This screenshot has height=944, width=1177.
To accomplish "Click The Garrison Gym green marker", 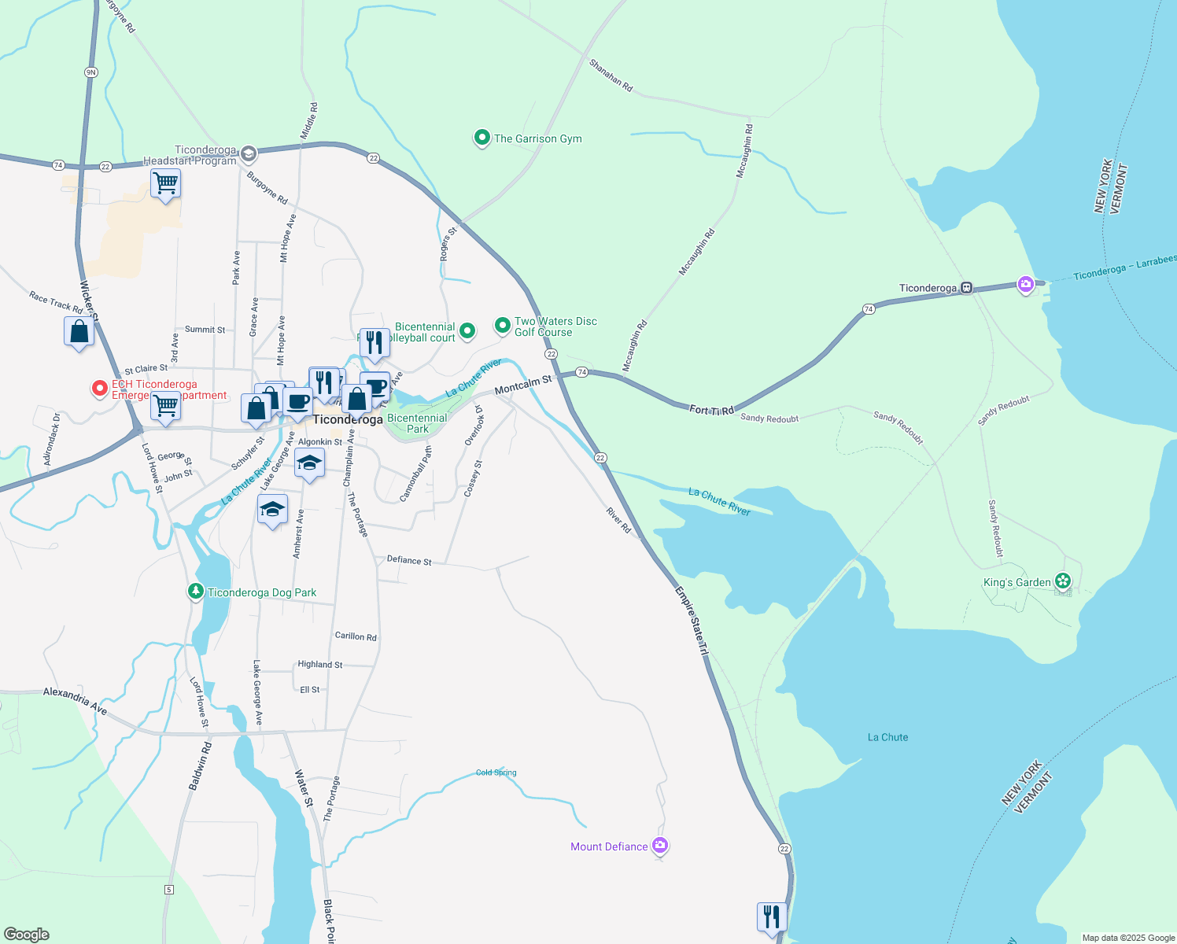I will click(481, 138).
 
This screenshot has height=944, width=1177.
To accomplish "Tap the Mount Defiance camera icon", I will click(660, 846).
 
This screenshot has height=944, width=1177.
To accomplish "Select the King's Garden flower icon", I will click(1063, 581).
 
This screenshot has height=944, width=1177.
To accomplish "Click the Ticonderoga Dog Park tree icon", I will click(196, 591).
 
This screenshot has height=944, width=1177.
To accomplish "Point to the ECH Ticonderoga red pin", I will click(100, 388).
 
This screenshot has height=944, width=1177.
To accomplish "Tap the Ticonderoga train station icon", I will click(967, 288).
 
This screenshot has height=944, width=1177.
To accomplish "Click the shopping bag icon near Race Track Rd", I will click(79, 333).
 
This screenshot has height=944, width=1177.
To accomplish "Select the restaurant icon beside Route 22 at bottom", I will click(772, 917).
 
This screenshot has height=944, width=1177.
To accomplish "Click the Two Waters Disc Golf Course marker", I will click(502, 325).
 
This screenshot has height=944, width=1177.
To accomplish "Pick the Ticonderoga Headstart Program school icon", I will click(249, 153).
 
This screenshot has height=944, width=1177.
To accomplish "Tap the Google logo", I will click(27, 935).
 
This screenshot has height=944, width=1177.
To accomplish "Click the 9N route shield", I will click(90, 72).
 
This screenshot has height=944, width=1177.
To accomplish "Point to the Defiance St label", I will click(409, 560).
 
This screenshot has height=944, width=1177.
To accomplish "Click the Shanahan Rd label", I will click(611, 76).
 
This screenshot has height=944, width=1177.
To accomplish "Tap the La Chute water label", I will click(887, 737).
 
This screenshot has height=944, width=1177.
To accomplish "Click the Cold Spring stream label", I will click(496, 773).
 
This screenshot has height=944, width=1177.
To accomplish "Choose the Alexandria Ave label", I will click(75, 700).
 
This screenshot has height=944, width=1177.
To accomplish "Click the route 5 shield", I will click(168, 890).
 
